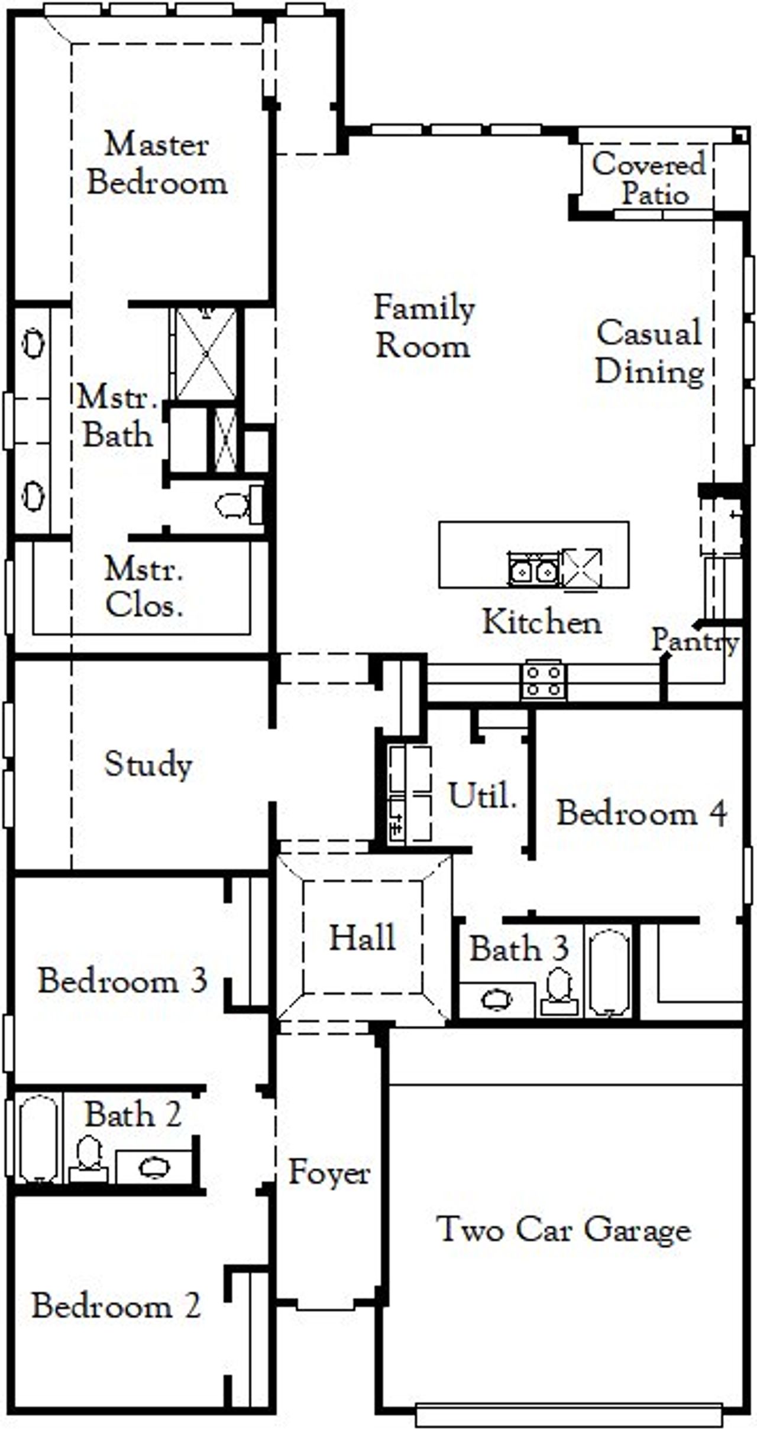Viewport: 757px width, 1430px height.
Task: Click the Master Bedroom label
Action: click(157, 163)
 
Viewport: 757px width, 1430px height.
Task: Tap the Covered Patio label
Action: click(649, 178)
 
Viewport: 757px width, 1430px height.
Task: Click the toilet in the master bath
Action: click(233, 505)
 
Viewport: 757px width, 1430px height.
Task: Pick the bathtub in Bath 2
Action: click(39, 1138)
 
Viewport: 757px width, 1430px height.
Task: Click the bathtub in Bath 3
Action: click(609, 971)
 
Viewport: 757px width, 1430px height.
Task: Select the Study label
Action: click(148, 764)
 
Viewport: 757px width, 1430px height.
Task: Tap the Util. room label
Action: click(483, 795)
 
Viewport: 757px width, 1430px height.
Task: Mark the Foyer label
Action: click(329, 1172)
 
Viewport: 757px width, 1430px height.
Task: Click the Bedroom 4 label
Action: click(642, 813)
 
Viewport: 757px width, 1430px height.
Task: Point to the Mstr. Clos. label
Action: click(144, 587)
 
